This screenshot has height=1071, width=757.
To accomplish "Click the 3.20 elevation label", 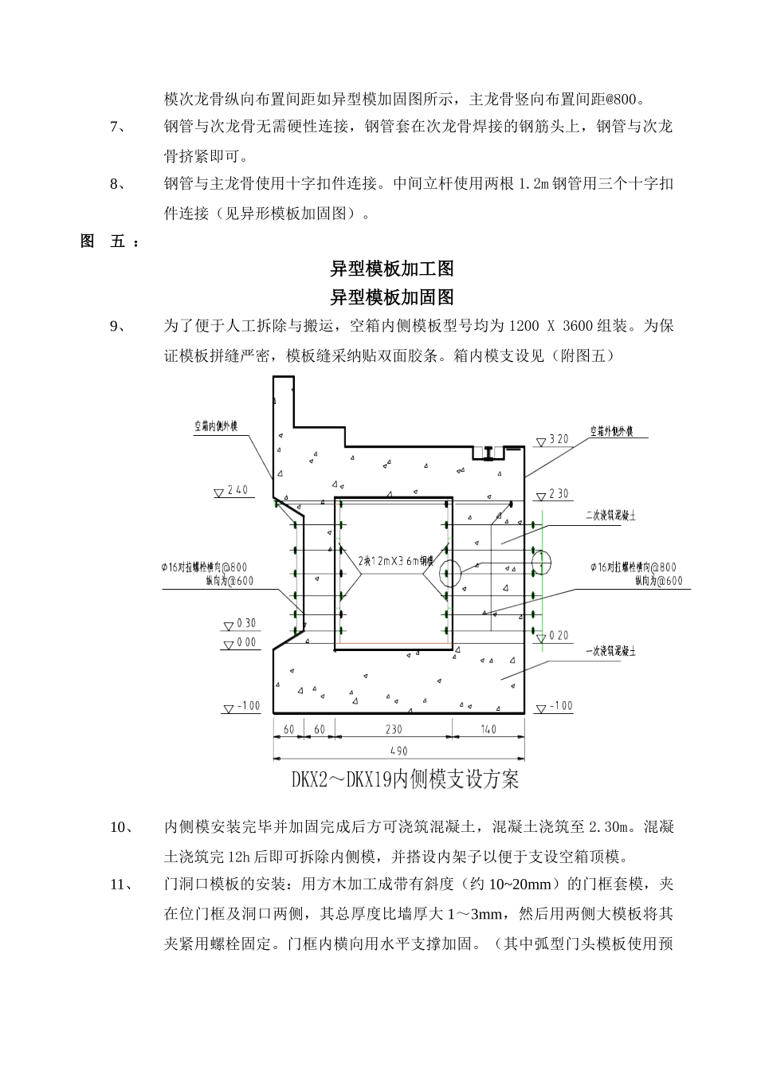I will tap(558, 440).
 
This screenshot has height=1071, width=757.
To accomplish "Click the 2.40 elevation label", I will tap(237, 491).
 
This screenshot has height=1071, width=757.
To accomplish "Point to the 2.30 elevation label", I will tap(559, 494).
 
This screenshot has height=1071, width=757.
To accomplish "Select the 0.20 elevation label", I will tap(559, 636).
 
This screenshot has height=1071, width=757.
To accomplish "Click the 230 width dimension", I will tap(394, 729).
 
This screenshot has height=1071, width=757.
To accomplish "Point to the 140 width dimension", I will tap(488, 729).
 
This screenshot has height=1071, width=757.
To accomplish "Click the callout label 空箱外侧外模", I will tap(611, 431).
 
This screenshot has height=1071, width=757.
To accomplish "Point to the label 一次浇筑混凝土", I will tap(610, 652).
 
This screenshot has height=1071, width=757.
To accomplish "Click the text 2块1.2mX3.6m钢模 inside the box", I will tap(394, 559).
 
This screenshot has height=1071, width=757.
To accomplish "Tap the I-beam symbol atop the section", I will tap(488, 453).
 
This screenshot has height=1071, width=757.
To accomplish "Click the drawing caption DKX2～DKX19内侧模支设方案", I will tap(405, 779).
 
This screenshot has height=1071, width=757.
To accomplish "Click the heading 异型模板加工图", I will tap(391, 269).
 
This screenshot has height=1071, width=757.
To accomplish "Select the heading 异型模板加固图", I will tap(391, 297).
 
